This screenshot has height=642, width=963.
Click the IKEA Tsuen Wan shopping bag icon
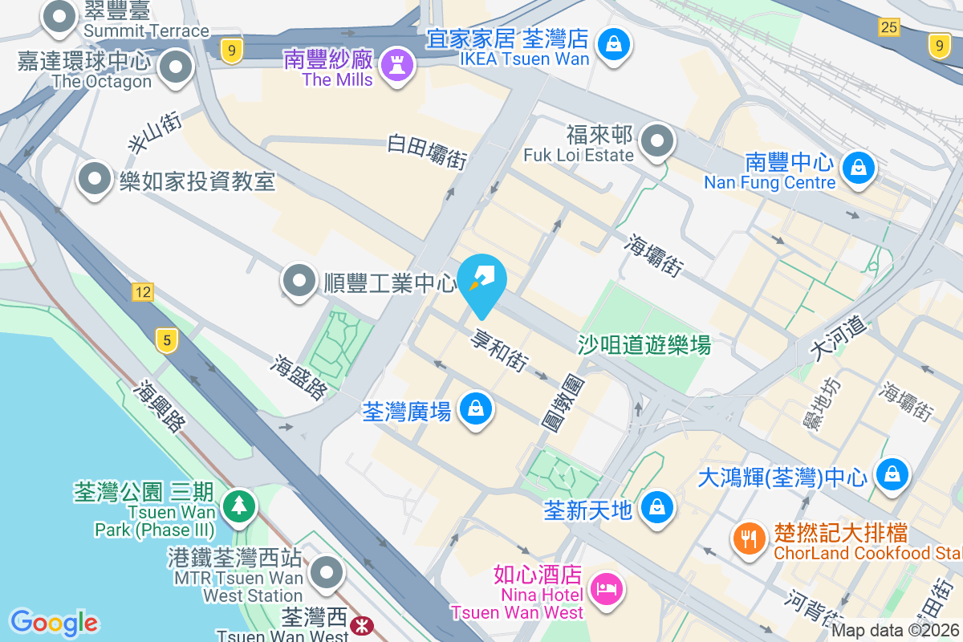[614, 43]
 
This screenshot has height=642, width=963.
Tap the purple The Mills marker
[396, 63]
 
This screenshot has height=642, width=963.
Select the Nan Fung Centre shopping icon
[858, 168]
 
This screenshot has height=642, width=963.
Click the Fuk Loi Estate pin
[657, 141]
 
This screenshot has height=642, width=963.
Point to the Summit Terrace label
[146, 31]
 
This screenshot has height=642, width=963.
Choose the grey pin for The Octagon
[175, 67]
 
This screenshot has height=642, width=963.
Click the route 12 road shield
[143, 292]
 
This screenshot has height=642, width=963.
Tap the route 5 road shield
[166, 341]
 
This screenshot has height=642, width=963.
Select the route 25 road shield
[888, 27]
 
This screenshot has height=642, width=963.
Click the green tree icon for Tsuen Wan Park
[238, 506]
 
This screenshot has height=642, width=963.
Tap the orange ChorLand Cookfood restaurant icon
[750, 538]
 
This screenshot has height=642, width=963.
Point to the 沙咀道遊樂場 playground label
[644, 345]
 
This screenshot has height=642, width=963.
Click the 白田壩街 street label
[427, 150]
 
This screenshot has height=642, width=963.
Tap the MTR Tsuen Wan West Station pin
[327, 573]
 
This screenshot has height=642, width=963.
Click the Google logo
[54, 622]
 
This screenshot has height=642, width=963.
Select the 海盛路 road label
[300, 377]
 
